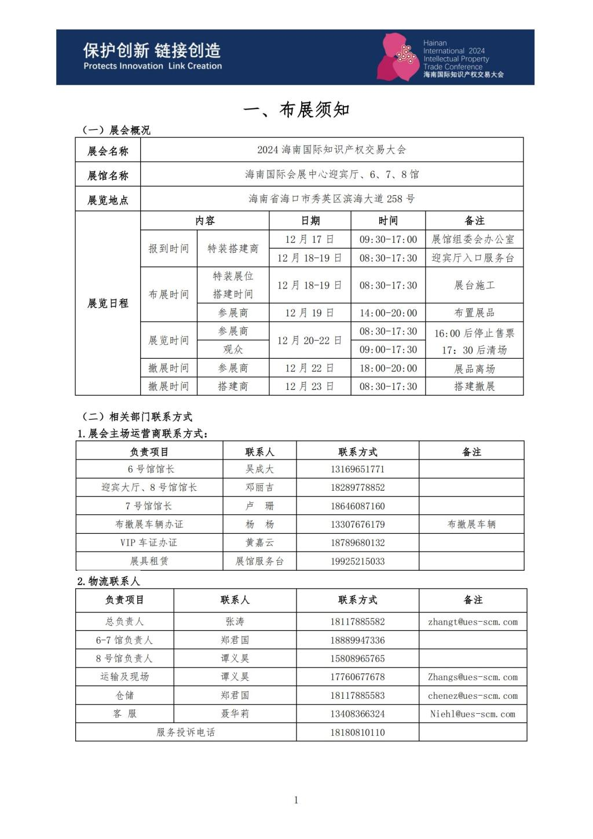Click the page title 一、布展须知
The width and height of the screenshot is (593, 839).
coord(296,110)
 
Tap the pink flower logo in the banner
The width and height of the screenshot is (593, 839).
coord(398,57)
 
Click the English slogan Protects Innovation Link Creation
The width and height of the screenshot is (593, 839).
coord(152,66)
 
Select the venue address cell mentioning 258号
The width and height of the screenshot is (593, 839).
coord(331,199)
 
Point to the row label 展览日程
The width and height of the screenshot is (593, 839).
coord(108,303)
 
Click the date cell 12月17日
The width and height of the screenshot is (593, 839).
coord(309,239)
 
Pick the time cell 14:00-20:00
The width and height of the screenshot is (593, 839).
coord(388,313)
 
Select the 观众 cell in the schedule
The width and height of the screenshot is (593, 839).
coord(233,349)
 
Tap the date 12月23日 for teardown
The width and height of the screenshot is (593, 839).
coord(309,386)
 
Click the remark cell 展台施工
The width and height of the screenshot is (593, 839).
coord(474,285)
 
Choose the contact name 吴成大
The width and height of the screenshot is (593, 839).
coord(259,469)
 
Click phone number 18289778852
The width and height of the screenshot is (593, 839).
coord(357,487)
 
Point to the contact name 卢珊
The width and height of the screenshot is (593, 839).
coord(259,506)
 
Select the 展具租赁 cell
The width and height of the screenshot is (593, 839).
coord(149,561)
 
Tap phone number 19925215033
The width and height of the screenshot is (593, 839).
coord(357,561)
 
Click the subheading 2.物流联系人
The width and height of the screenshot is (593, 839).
coord(109,581)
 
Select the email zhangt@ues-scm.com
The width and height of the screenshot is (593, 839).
coord(473,622)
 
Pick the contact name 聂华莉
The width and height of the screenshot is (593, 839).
coord(235,714)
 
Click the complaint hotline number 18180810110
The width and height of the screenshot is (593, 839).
coord(357,732)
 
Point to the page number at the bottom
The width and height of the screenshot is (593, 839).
coord(296,800)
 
